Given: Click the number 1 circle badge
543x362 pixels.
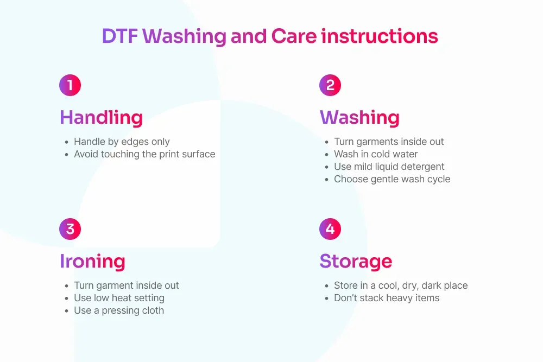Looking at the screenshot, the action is pyautogui.click(x=70, y=85).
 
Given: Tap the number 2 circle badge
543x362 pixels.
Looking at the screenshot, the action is pyautogui.click(x=330, y=85).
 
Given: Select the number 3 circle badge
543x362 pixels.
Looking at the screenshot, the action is pyautogui.click(x=70, y=228).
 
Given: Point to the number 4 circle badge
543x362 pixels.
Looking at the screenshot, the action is pyautogui.click(x=330, y=228).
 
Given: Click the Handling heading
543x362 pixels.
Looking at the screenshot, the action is pyautogui.click(x=102, y=117).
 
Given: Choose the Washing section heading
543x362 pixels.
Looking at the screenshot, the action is pyautogui.click(x=360, y=117).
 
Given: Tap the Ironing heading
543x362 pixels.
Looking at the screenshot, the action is pyautogui.click(x=92, y=261).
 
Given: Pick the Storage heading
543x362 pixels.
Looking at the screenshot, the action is pyautogui.click(x=356, y=261).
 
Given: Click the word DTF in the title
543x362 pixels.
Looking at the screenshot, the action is pyautogui.click(x=120, y=36).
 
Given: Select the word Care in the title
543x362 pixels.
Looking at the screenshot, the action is pyautogui.click(x=294, y=36).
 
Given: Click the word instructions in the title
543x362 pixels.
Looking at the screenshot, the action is pyautogui.click(x=380, y=36).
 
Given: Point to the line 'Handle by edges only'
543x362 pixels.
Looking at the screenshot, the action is pyautogui.click(x=122, y=142).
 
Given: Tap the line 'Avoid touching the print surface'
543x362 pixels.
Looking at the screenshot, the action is pyautogui.click(x=145, y=154).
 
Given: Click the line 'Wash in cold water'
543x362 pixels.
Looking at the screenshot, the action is pyautogui.click(x=376, y=154).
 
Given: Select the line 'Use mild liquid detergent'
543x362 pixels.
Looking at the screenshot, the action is pyautogui.click(x=389, y=167).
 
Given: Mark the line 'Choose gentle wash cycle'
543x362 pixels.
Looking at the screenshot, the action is pyautogui.click(x=393, y=179).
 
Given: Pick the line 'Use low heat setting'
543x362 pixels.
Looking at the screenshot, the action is pyautogui.click(x=119, y=298).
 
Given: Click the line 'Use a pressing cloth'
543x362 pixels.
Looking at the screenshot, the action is pyautogui.click(x=119, y=310).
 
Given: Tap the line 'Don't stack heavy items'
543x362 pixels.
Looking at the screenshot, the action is pyautogui.click(x=387, y=298).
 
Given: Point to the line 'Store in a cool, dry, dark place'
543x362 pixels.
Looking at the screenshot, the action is pyautogui.click(x=401, y=285).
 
